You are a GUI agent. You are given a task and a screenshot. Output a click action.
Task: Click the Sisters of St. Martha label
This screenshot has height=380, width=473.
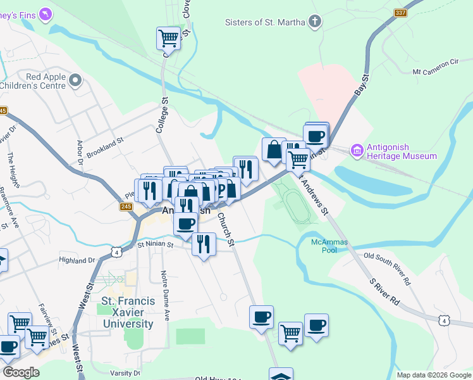tap(266, 22)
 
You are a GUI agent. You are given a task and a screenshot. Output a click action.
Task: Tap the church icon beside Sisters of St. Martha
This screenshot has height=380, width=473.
tap(314, 22)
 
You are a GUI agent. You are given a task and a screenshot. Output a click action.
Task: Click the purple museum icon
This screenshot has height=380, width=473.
tap(357, 151)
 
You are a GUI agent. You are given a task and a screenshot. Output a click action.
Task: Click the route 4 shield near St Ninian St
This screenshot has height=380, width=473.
tap(115, 252)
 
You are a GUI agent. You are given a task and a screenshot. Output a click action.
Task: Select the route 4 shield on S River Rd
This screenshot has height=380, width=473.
tap(445, 322)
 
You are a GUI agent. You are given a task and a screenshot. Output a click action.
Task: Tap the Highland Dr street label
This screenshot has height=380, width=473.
tap(77, 260)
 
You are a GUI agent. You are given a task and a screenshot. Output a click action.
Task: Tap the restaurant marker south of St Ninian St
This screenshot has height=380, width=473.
tap(203, 244)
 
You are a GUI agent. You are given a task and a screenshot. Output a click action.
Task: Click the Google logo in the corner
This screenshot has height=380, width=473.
tap(21, 372)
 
